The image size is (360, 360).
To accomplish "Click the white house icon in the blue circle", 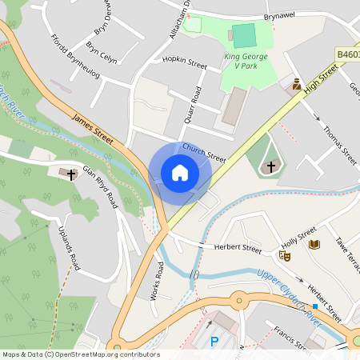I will [180, 173].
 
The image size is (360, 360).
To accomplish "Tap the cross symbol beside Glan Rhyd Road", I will [71, 173].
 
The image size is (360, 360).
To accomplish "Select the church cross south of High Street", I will [271, 166].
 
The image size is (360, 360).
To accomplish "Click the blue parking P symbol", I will [214, 342].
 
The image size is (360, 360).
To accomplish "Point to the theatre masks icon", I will [284, 256].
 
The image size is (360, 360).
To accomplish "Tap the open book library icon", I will [314, 244].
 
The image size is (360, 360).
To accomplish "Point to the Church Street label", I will [204, 152].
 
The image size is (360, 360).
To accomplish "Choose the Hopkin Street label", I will [185, 62].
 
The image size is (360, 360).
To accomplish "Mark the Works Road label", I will [158, 284].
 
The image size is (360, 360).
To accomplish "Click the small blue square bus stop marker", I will [315, 306].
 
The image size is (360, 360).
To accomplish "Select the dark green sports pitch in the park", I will [244, 35].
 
